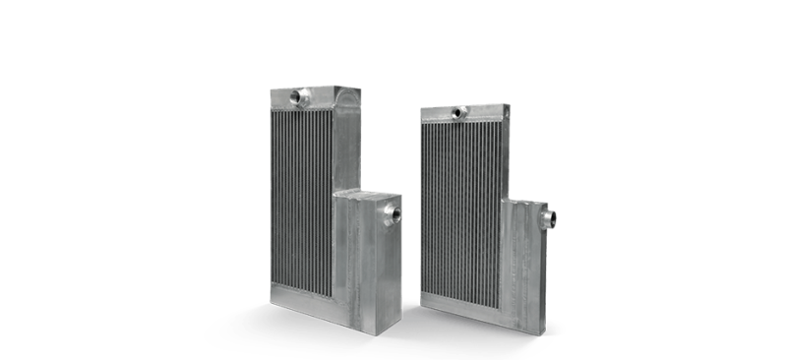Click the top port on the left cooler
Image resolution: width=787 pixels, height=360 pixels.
(299, 96)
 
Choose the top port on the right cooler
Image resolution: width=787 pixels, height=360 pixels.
(459, 112)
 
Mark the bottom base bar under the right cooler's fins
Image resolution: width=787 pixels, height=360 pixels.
(458, 299)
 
